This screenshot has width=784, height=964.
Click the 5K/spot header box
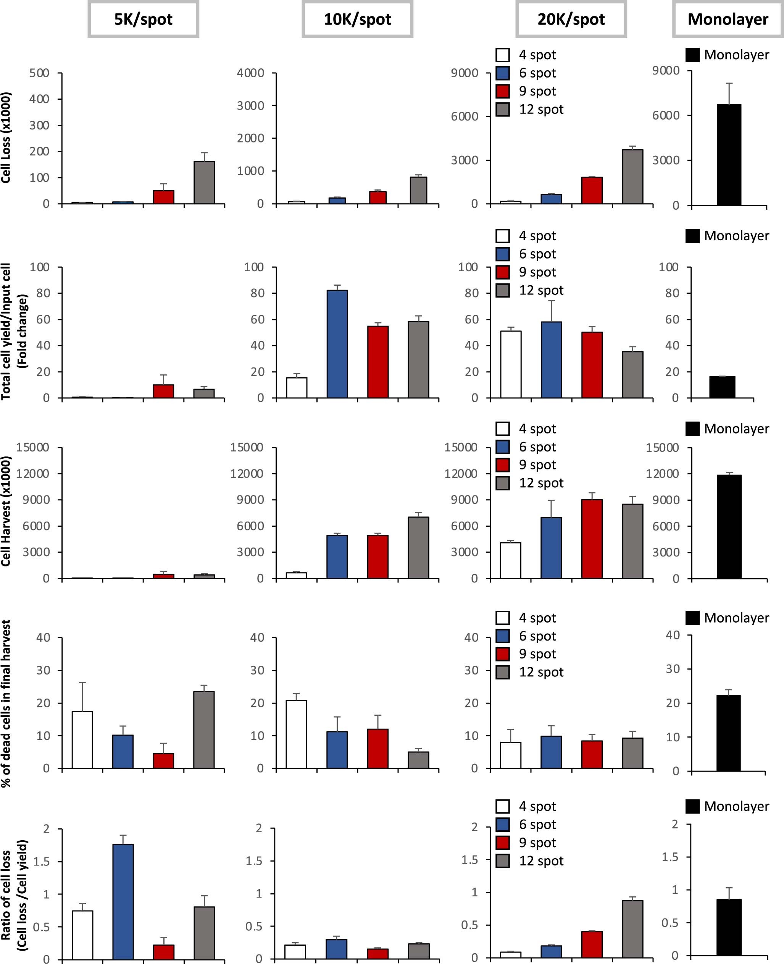pos(143,19)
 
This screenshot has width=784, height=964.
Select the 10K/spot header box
pos(357,19)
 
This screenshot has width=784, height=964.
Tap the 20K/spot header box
pos(571,19)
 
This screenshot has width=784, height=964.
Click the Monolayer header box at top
pos(728,19)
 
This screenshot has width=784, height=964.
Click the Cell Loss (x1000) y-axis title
pos(6,138)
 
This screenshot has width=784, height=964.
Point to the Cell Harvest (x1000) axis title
pos(6,511)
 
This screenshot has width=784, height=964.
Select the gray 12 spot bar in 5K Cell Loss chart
pos(204,183)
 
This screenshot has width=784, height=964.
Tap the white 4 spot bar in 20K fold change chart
pos(510,364)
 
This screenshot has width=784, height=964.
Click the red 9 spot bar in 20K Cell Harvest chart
pos(592,539)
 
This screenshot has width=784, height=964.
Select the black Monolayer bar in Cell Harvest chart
pos(729,527)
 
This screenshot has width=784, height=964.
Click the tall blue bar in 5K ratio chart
pos(123,902)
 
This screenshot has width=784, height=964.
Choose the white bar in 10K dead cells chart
pos(296,734)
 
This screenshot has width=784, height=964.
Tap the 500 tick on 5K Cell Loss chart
pos(39,73)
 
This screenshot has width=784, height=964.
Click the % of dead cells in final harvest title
pos(6,703)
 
